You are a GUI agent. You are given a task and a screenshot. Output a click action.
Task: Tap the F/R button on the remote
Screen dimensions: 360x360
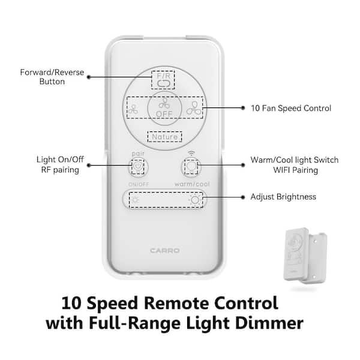[x=163, y=80]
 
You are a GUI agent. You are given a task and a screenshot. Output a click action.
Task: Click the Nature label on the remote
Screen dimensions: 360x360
[x=164, y=137]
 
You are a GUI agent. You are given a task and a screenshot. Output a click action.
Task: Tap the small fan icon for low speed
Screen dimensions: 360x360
[x=133, y=110]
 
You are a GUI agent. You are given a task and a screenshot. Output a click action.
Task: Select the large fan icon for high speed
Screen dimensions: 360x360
[x=194, y=109]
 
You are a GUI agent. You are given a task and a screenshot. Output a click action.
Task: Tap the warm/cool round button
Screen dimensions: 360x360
[x=191, y=166]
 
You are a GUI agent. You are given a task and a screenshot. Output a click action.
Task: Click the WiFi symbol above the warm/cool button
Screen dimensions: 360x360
[x=191, y=153]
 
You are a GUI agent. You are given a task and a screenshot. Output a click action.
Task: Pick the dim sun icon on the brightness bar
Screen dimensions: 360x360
[x=135, y=200]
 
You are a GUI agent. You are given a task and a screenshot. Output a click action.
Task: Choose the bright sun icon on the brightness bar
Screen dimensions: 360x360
[x=195, y=200]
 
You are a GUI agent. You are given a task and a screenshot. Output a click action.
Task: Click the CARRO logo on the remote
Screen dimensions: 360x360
[x=164, y=250]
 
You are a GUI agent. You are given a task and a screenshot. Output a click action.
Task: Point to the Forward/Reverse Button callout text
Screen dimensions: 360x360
[x=52, y=77]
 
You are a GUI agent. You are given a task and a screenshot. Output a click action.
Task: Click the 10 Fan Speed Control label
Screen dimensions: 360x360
[x=291, y=108]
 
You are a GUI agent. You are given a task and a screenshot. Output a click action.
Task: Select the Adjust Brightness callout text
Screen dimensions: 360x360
[x=283, y=197]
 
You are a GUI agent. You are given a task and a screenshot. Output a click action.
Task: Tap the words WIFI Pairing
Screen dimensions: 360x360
[x=295, y=170]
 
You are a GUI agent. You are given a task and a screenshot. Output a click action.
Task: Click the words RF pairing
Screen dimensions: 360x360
[x=60, y=170]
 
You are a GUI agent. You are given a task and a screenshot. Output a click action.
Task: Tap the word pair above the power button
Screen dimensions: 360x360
[x=138, y=154]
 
